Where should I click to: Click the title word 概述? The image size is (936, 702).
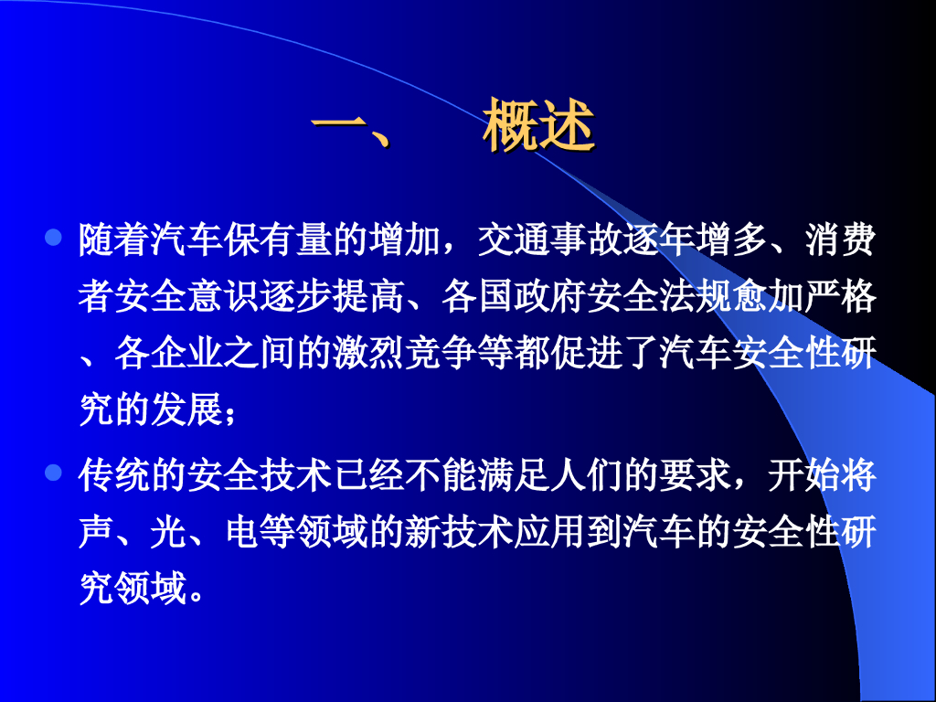(539, 124)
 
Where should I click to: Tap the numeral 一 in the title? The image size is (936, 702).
(339, 124)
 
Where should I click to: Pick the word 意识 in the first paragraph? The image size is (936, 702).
(224, 298)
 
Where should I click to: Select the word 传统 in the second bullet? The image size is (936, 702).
(115, 475)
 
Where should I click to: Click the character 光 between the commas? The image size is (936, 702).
(169, 532)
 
